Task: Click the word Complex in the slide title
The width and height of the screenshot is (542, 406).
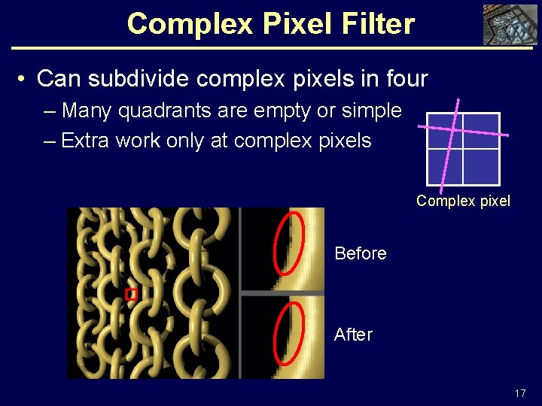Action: click(x=176, y=24)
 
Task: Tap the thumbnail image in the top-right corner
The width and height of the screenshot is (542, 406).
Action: click(x=510, y=24)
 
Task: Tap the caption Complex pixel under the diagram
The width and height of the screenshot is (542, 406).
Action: click(x=463, y=201)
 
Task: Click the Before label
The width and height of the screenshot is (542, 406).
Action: click(x=360, y=253)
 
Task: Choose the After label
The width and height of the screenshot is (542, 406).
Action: click(x=353, y=334)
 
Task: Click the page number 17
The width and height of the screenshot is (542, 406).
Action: click(x=520, y=393)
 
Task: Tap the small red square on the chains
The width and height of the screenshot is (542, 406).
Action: click(x=131, y=295)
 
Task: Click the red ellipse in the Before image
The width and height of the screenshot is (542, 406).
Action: click(x=289, y=243)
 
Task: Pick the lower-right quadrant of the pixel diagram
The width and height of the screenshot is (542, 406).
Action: click(x=481, y=166)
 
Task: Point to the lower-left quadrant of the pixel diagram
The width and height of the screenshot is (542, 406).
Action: click(x=444, y=166)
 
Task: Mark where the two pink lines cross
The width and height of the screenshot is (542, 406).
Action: click(x=452, y=129)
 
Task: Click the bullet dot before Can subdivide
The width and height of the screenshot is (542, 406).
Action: click(x=23, y=78)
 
